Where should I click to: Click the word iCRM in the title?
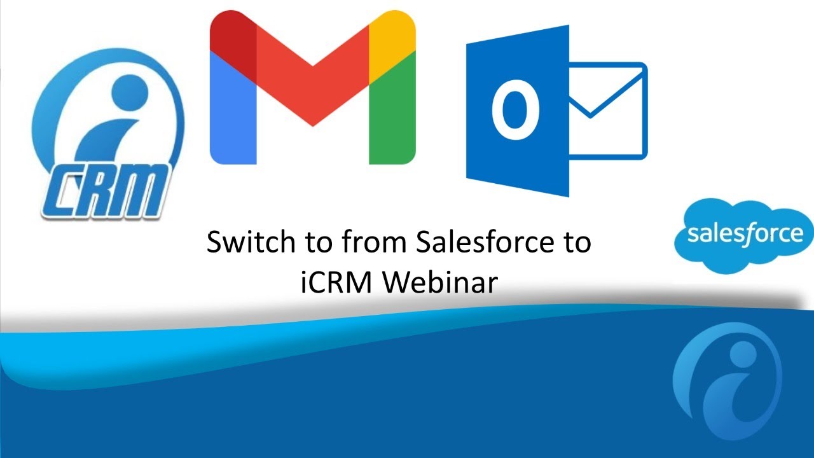click(x=337, y=282)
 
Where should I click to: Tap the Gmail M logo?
click(x=312, y=89)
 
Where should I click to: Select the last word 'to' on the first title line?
click(x=575, y=242)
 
